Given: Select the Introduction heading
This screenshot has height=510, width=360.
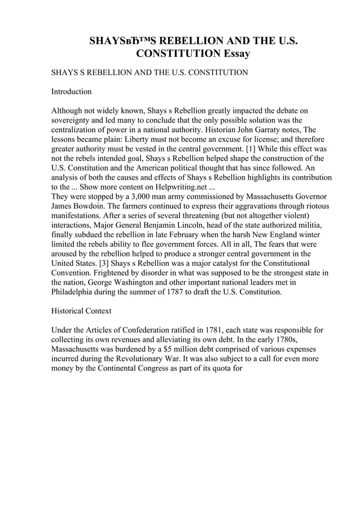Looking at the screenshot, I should tap(71, 91).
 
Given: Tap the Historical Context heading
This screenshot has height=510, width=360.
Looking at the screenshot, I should tap(81, 311).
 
